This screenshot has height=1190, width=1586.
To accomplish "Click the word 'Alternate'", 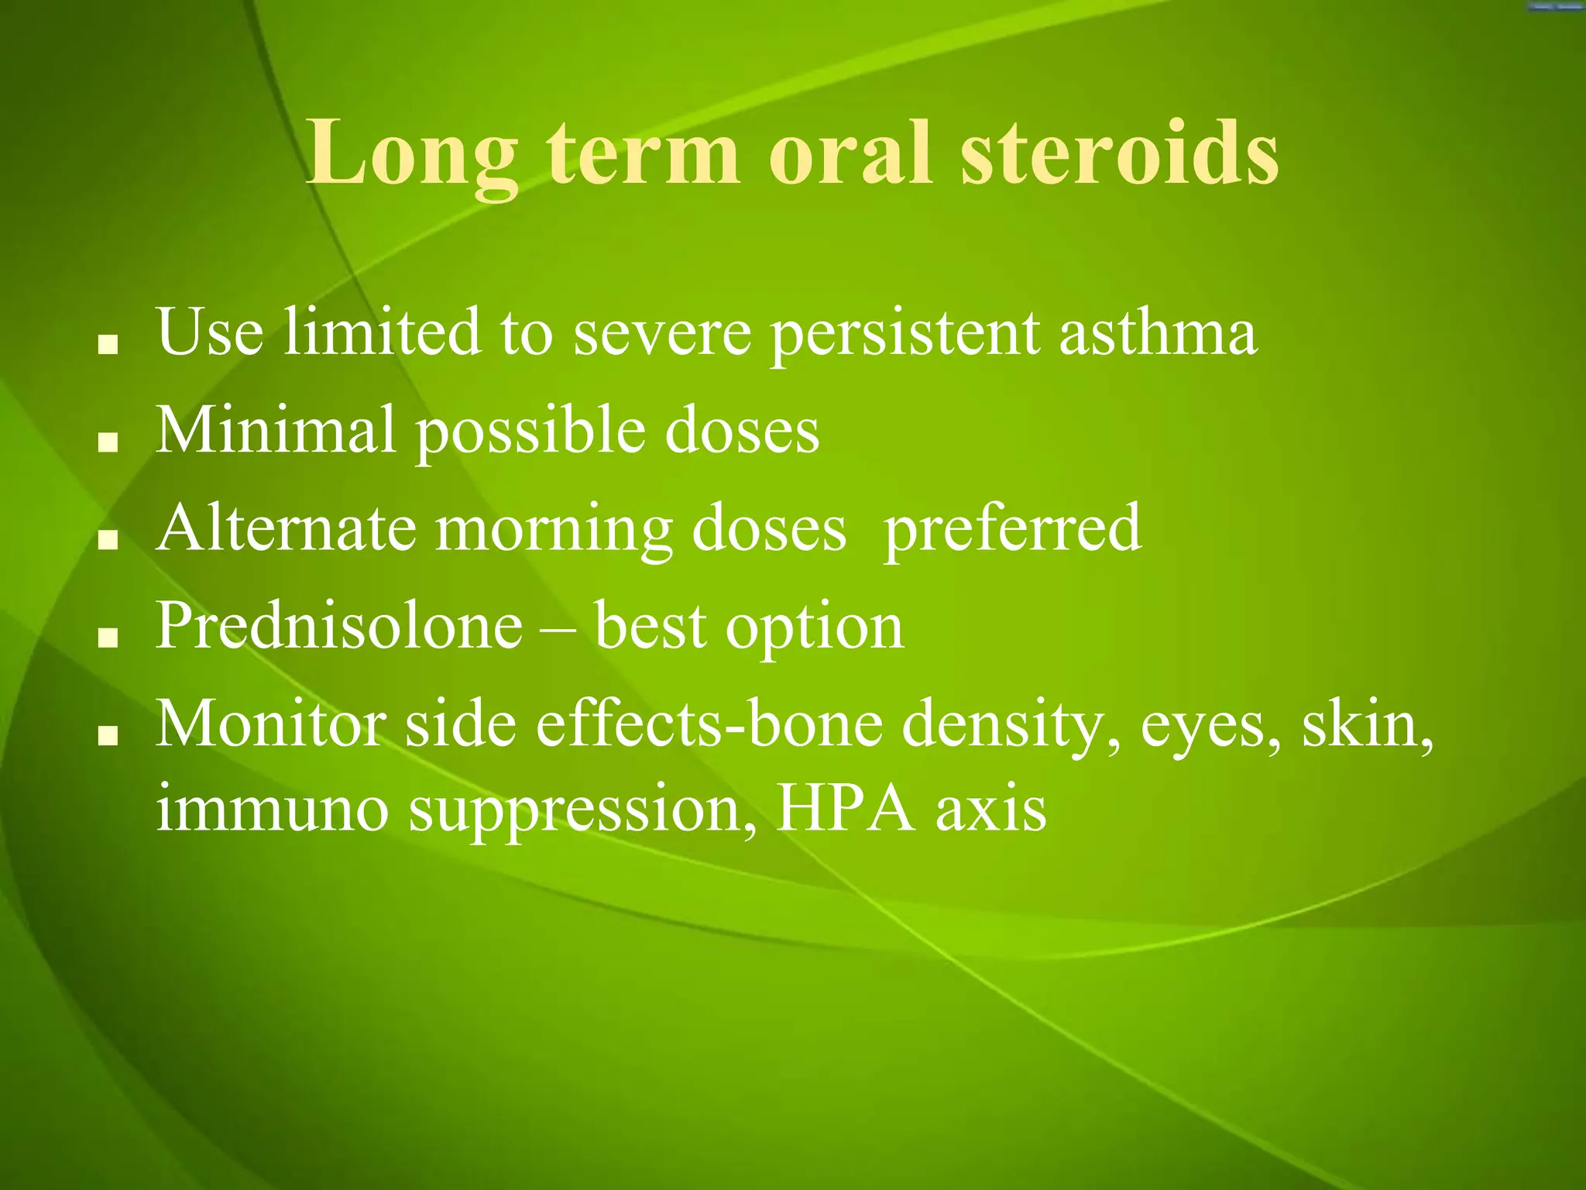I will [286, 528].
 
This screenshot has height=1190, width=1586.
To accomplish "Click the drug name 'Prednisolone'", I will [339, 625].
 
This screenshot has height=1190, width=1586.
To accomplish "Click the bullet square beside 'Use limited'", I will [108, 345].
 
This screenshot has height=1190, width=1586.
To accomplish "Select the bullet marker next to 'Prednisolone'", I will [108, 638].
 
